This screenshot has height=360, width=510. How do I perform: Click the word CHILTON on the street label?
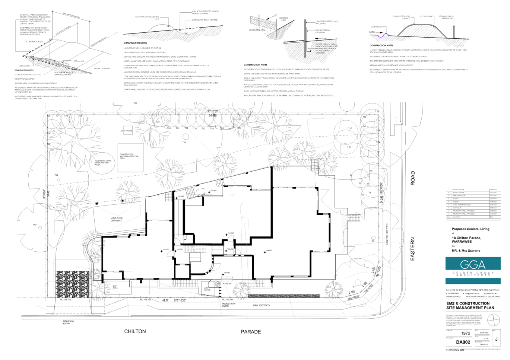135,331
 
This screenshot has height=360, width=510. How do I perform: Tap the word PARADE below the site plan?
251,332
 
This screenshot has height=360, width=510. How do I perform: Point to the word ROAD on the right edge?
413,178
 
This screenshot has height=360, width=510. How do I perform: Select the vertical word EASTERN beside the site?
413,249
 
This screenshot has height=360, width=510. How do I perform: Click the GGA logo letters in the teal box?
473,265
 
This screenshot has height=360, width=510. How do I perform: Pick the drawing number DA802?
463,342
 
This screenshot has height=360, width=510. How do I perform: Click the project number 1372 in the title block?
466,334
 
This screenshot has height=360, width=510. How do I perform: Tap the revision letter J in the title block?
496,339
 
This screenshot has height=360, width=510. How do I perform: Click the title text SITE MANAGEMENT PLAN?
470,308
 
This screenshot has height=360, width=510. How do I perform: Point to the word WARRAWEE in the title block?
462,242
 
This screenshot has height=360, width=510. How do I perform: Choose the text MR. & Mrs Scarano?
466,251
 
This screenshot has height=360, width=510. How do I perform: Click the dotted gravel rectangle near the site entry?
73,284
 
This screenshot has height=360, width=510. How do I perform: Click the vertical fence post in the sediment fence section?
306,37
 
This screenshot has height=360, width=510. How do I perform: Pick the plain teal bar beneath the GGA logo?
473,281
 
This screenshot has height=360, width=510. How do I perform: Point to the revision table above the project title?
472,203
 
